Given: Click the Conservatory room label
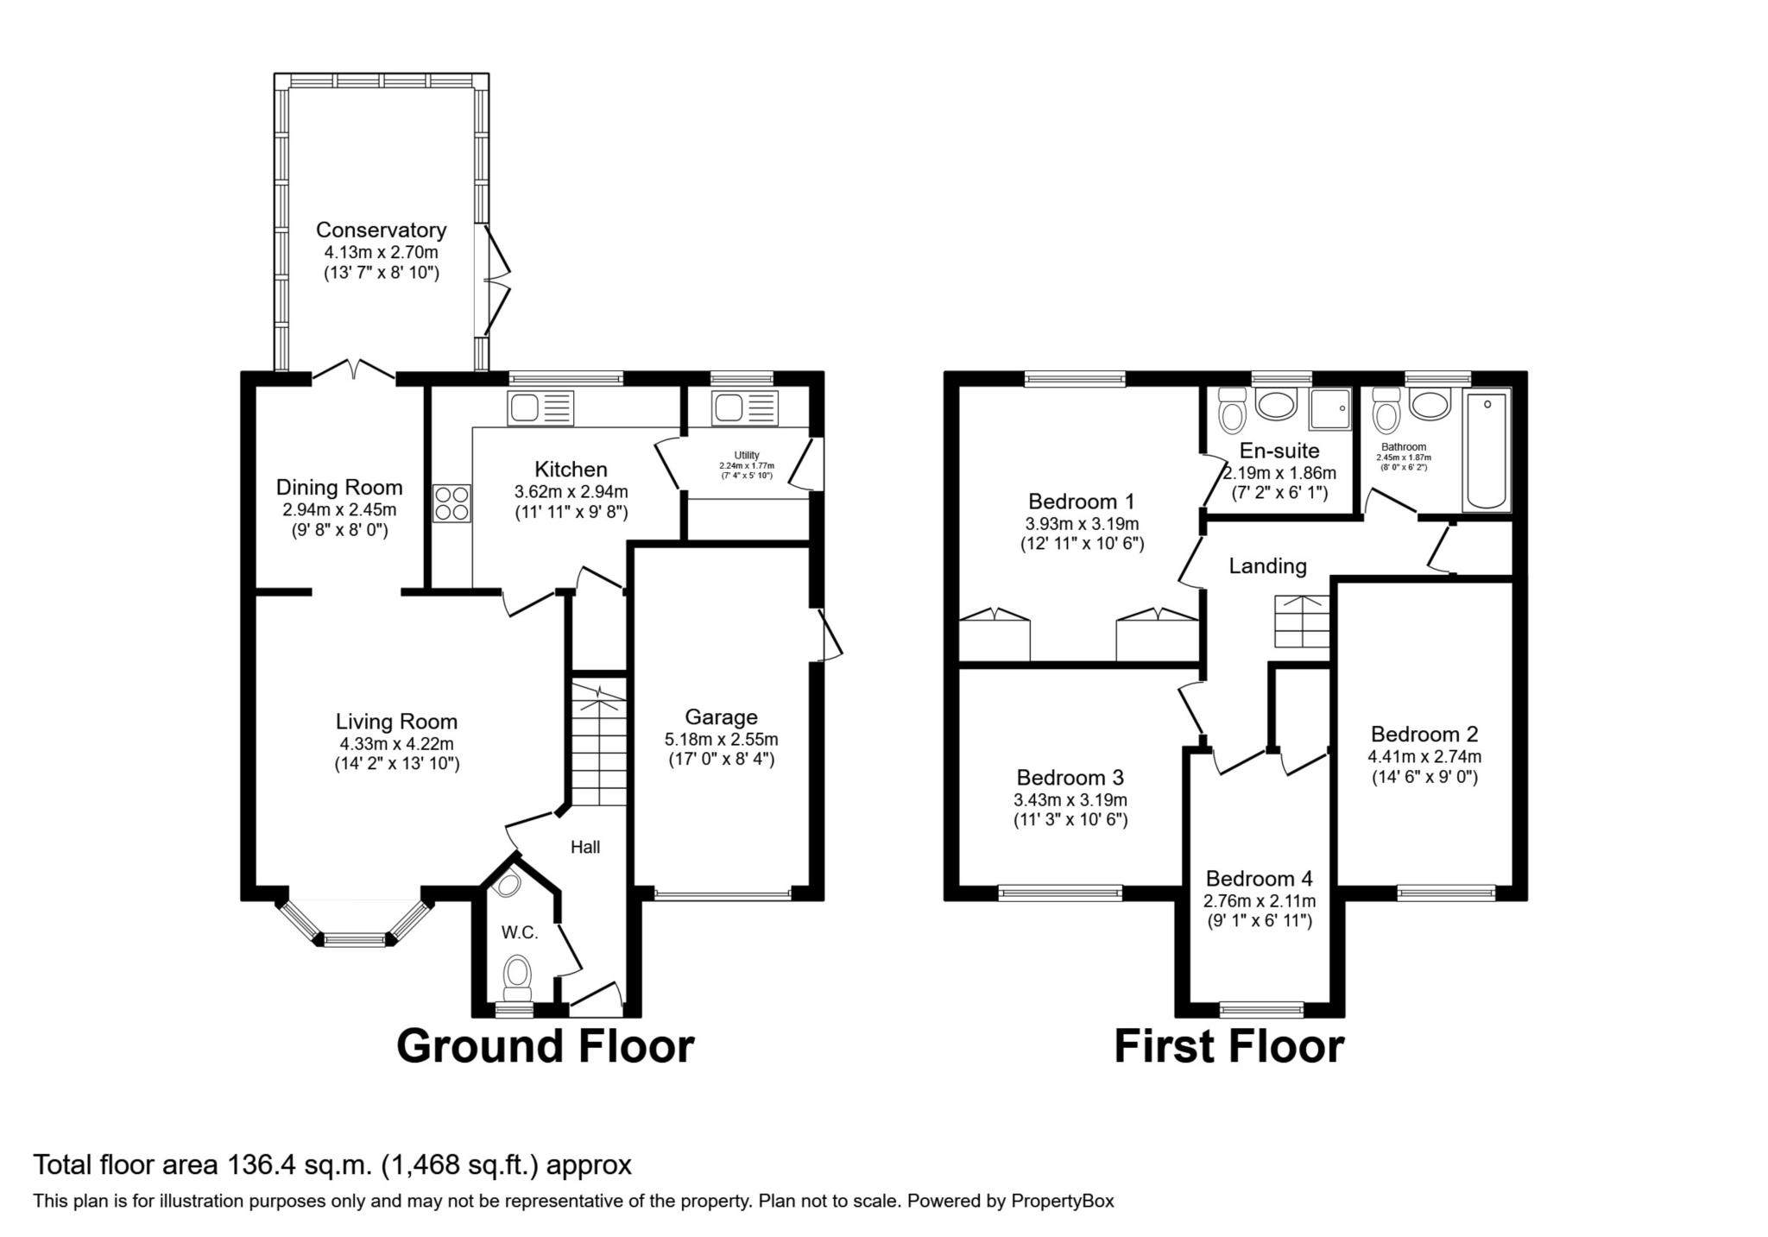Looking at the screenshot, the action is pyautogui.click(x=381, y=230).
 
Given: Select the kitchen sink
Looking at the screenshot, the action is pyautogui.click(x=540, y=407).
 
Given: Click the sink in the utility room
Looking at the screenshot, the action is pyautogui.click(x=745, y=407).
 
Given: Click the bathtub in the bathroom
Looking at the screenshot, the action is pyautogui.click(x=1487, y=450).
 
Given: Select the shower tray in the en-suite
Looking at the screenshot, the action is pyautogui.click(x=1329, y=408).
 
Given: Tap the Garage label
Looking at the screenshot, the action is pyautogui.click(x=721, y=716).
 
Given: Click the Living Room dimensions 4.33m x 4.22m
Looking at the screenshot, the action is pyautogui.click(x=396, y=743).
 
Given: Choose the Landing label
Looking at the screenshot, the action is pyautogui.click(x=1267, y=566).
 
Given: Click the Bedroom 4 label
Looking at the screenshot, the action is pyautogui.click(x=1259, y=878).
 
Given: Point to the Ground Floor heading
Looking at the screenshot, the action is pyautogui.click(x=545, y=1045).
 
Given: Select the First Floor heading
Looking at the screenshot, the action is pyautogui.click(x=1228, y=1045).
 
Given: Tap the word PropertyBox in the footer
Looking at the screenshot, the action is pyautogui.click(x=1063, y=1201).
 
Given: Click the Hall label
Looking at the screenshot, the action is pyautogui.click(x=585, y=847).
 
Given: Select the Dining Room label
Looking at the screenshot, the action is pyautogui.click(x=339, y=487).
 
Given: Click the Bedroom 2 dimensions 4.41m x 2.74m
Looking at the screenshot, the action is pyautogui.click(x=1424, y=756).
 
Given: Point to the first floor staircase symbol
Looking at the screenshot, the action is pyautogui.click(x=1302, y=622).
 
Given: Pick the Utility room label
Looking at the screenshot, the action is pyautogui.click(x=747, y=455).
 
